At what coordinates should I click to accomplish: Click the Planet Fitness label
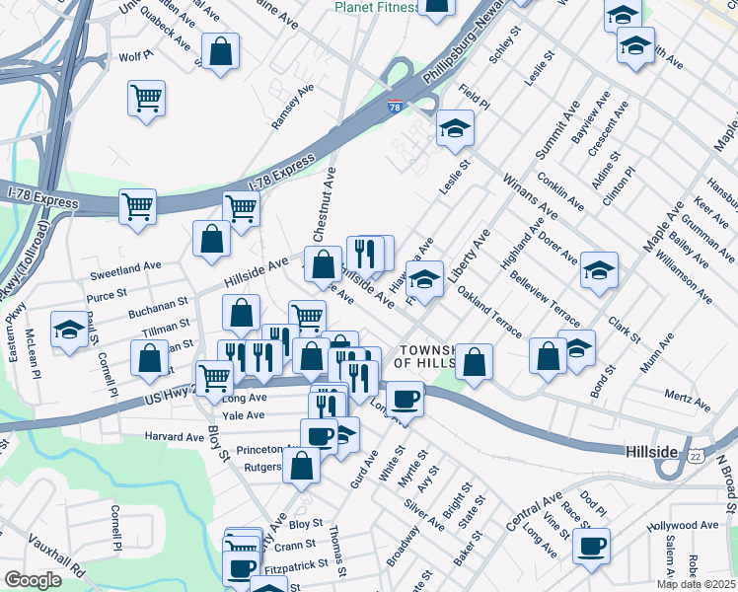(377, 7)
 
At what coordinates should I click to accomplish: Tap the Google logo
(33, 580)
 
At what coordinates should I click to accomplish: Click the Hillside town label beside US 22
(652, 451)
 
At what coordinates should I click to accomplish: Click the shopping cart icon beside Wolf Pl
(146, 98)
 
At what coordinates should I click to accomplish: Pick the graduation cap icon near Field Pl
(454, 128)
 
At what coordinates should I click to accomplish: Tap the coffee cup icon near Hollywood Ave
(591, 546)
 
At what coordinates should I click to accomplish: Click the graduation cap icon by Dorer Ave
(599, 269)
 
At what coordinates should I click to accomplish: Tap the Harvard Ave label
(174, 436)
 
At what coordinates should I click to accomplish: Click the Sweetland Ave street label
(124, 266)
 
